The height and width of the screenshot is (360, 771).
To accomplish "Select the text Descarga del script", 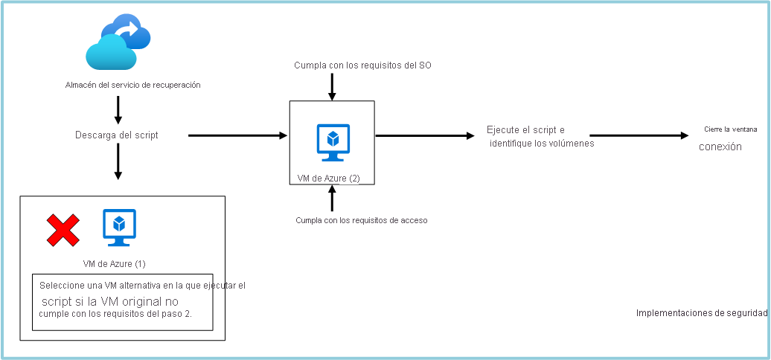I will [116, 135].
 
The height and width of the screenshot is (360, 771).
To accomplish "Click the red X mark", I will [63, 230].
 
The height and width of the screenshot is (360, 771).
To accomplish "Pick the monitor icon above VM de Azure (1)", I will [119, 228].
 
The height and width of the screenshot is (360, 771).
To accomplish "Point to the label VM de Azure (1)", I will [119, 264].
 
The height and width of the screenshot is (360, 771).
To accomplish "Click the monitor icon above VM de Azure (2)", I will [333, 142].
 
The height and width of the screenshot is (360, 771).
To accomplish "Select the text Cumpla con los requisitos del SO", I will [363, 65].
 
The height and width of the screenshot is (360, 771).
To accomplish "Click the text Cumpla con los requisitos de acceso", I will [362, 220].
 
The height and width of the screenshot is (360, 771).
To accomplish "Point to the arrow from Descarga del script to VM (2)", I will [238, 135].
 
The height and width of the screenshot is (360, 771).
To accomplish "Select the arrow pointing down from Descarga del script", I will [118, 161].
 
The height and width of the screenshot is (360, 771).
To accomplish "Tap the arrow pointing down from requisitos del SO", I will [333, 86].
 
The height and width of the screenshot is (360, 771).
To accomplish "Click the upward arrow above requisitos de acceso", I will [333, 199].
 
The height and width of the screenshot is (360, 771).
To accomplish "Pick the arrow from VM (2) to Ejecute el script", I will [425, 135].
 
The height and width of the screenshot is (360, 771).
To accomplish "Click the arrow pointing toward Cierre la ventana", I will [639, 135].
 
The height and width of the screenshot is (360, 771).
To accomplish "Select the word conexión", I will [720, 147].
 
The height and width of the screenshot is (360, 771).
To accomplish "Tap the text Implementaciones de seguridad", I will [701, 313].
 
